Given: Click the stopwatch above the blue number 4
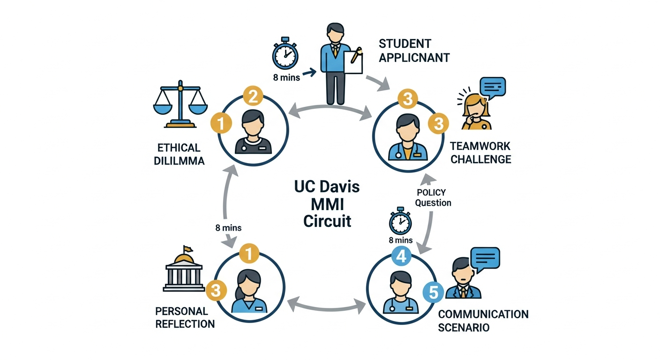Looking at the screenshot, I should coord(400,221).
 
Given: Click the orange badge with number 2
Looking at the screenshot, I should coord(252,97).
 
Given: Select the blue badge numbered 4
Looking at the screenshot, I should coord(401,256).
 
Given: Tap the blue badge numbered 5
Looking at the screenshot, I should coord(434,293).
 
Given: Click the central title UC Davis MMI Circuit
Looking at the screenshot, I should coord(327,203).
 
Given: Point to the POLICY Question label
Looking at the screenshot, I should coord(434,197).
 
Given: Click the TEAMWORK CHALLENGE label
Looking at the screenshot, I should coord(480,153).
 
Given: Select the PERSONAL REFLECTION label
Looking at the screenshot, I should coord(185,317).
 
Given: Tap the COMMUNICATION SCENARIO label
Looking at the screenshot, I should coord(483,320).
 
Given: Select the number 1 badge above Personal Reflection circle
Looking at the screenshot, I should coord(249,255).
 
